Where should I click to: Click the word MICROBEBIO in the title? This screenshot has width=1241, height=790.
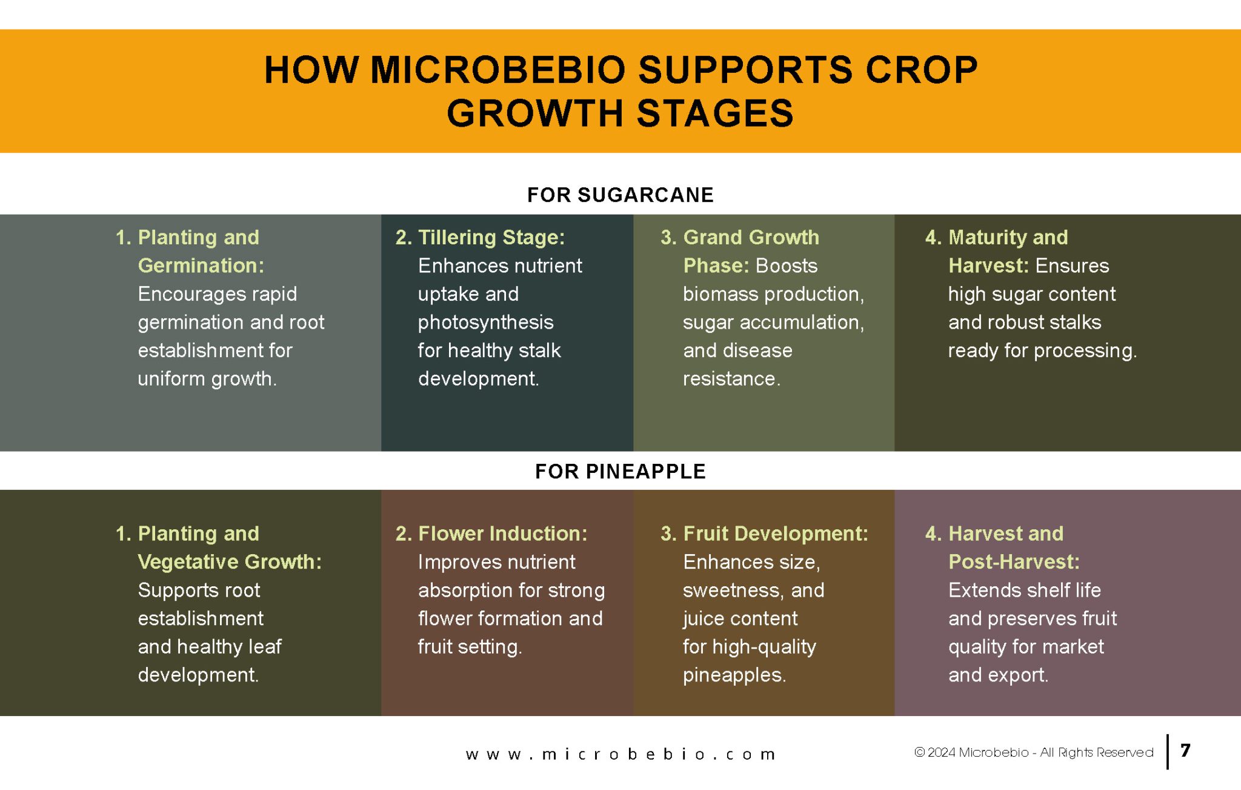497,70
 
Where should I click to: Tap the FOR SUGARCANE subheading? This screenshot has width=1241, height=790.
620,195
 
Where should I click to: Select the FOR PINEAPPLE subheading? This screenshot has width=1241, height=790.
620,471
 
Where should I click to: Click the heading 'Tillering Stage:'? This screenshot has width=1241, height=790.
491,238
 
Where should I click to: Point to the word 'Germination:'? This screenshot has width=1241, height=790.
201,266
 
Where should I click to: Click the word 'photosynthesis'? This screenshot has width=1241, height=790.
486,323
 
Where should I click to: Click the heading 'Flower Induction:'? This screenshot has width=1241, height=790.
503,534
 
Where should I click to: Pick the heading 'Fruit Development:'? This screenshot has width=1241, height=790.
776,534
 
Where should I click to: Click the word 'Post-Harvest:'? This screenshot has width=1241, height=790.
1014,562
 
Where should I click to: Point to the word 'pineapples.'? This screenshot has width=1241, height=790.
734,675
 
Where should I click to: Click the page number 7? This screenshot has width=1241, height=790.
1186,751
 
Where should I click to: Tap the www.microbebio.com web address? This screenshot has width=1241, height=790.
620,755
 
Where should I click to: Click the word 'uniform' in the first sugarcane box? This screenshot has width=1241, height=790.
172,379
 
